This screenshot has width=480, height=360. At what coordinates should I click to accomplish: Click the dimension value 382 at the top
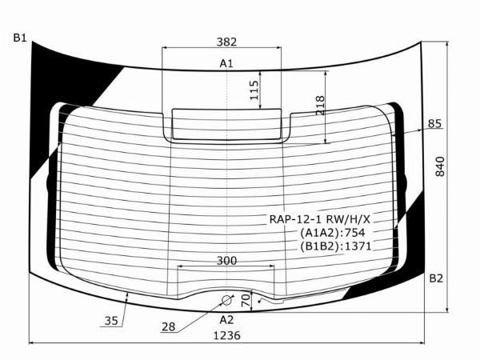click(x=226, y=42)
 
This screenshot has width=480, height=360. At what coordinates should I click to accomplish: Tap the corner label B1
click(x=20, y=38)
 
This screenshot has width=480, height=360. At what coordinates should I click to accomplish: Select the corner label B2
click(x=436, y=278)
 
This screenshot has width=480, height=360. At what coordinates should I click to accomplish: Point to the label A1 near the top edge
click(x=226, y=63)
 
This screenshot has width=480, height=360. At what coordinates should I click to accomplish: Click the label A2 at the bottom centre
click(x=226, y=320)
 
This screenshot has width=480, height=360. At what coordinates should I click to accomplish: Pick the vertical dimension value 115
click(x=254, y=90)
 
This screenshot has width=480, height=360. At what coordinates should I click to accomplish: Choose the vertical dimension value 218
click(x=320, y=106)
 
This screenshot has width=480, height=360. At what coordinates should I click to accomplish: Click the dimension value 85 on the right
click(x=434, y=123)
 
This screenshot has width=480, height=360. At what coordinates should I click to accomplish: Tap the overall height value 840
click(x=440, y=166)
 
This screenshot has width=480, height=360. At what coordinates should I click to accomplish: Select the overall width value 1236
click(x=226, y=335)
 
